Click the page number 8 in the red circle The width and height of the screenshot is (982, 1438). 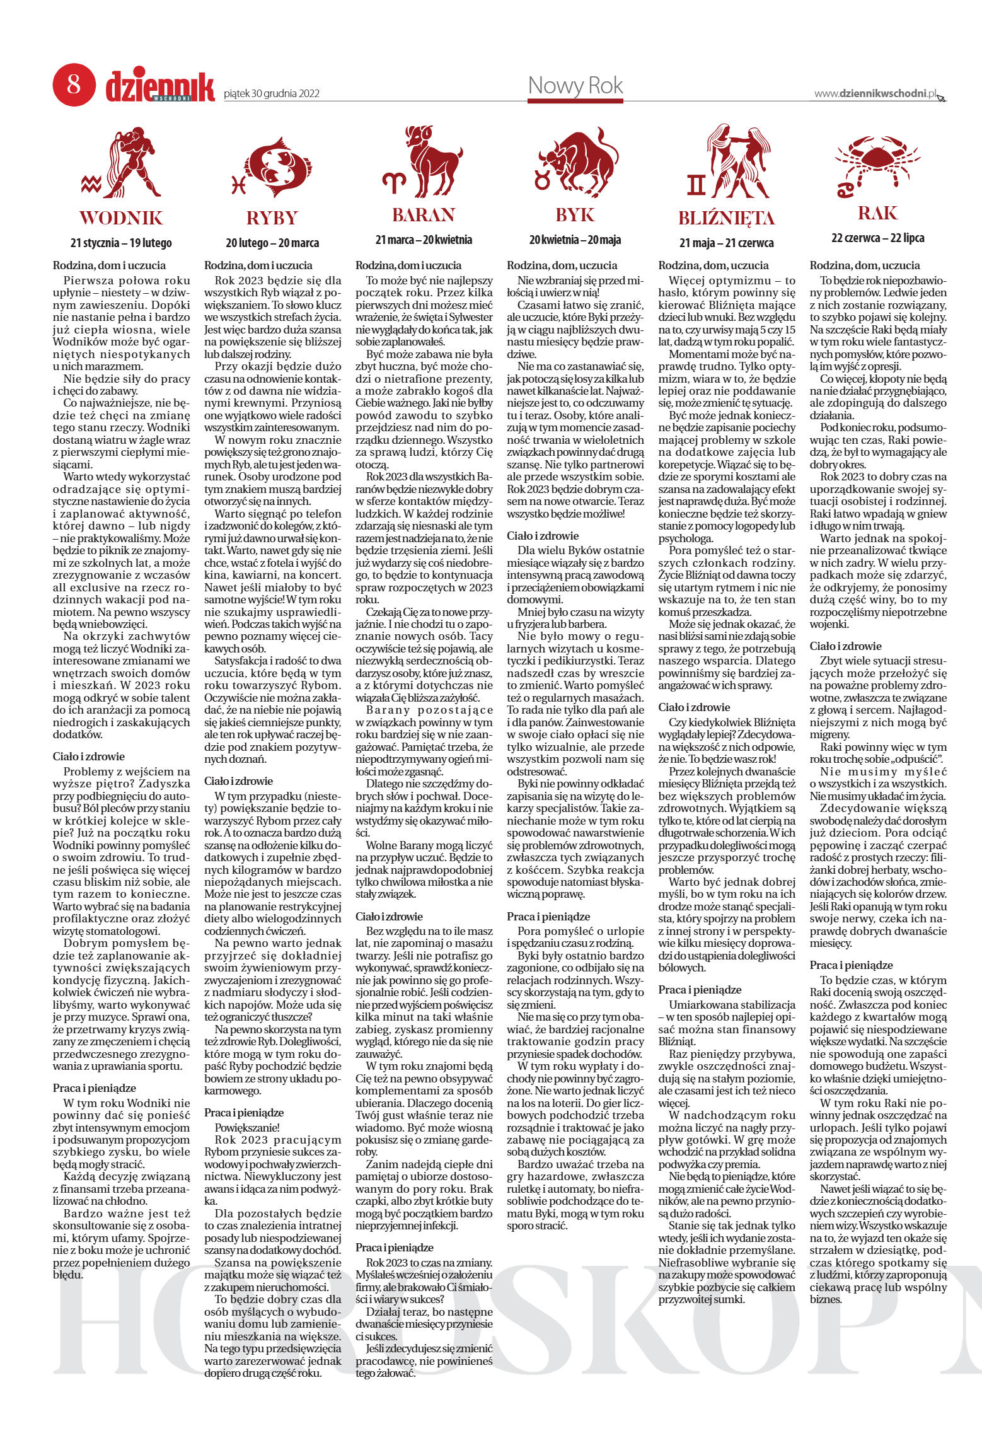point(74,84)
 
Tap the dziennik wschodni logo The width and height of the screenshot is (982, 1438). point(159,86)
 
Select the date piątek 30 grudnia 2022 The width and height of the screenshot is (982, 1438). point(272,94)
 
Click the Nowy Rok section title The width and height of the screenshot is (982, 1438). point(575,85)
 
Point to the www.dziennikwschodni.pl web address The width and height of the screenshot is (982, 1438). point(875,93)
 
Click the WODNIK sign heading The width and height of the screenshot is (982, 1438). point(121,218)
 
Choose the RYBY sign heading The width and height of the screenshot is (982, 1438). point(272,218)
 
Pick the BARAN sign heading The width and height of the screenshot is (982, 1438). point(424,216)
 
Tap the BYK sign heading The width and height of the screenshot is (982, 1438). point(575,216)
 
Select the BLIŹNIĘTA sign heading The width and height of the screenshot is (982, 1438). point(726,218)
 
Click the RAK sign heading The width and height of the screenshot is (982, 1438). point(877,213)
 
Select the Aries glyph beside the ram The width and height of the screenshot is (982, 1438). point(395,182)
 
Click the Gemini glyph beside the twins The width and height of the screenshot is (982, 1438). point(696,184)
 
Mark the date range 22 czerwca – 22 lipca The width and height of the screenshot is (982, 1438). point(877,238)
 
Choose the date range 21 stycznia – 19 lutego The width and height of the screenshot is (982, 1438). point(121,243)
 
